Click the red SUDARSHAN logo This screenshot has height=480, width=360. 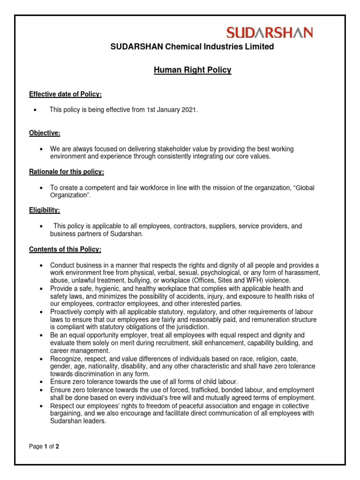[270, 32]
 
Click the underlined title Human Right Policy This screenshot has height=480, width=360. [193, 70]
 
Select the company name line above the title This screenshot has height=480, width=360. [192, 46]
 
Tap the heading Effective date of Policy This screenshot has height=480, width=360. [65, 94]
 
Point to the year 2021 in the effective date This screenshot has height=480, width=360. [189, 110]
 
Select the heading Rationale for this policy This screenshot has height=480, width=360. [67, 172]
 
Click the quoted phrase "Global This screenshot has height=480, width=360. [303, 187]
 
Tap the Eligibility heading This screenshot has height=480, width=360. [45, 210]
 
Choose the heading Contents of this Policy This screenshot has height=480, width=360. [65, 249]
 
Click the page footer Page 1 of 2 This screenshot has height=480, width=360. [44, 446]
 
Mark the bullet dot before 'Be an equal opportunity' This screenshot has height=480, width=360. [42, 335]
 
